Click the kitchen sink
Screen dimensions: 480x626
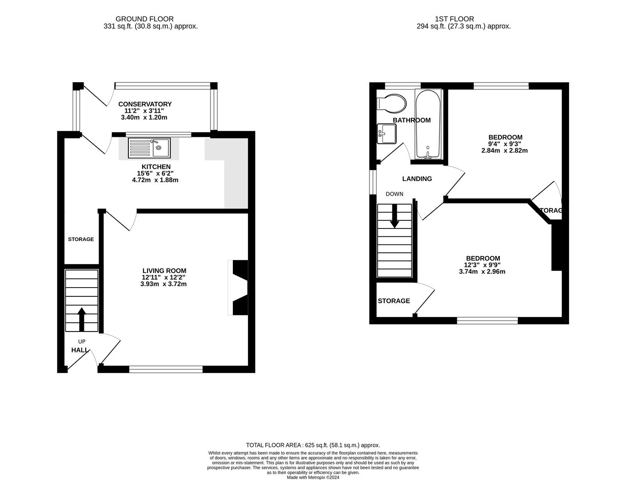tap(149, 148)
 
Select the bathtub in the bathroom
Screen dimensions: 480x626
tap(427, 124)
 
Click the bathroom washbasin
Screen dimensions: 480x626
tap(387, 134)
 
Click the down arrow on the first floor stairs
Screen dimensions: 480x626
tap(394, 218)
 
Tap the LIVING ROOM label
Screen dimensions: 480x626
tap(164, 271)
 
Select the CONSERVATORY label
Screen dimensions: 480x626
tap(145, 104)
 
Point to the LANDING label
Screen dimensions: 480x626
tap(417, 179)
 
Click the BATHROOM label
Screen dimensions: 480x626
tap(411, 120)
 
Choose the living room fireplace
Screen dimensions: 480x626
tap(239, 288)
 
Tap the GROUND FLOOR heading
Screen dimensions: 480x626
tap(144, 19)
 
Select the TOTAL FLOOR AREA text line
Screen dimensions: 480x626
tap(313, 445)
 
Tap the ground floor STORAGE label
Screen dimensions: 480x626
tap(81, 239)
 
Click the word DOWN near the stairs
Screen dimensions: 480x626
tap(394, 194)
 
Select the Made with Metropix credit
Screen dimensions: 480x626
tap(313, 477)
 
